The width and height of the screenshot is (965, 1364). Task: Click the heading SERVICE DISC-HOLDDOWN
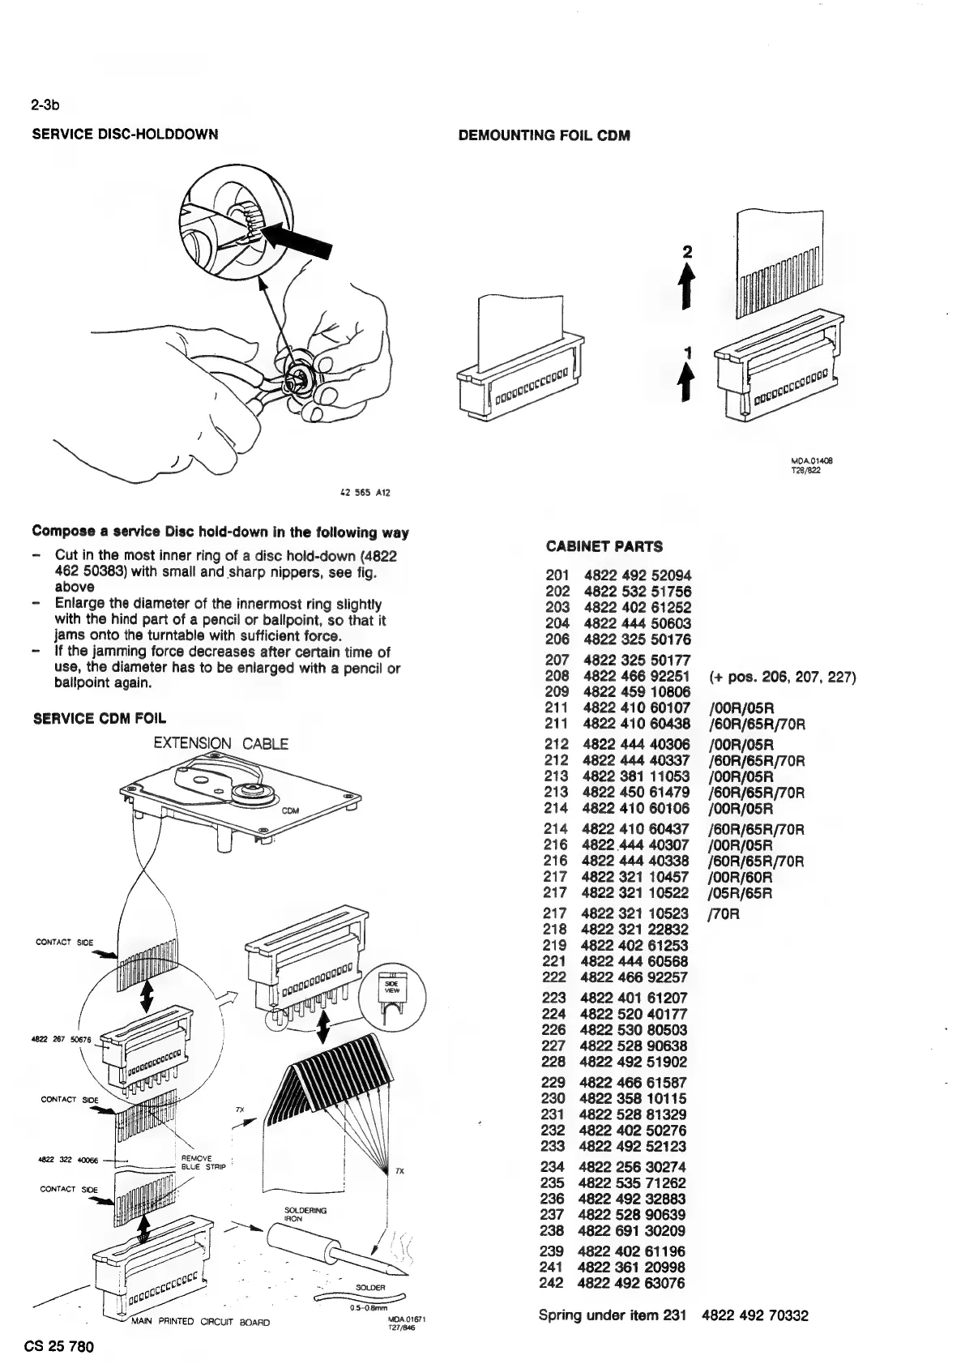pyautogui.click(x=125, y=135)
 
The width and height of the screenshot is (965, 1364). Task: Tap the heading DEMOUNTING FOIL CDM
pyautogui.click(x=544, y=135)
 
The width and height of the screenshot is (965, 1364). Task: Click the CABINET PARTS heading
pyautogui.click(x=604, y=546)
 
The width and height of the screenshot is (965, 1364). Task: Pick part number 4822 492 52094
pyautogui.click(x=637, y=575)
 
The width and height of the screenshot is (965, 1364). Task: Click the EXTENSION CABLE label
pyautogui.click(x=220, y=744)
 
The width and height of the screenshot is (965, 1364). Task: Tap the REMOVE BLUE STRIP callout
pyautogui.click(x=197, y=1162)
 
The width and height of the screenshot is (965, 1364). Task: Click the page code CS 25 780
pyautogui.click(x=63, y=1347)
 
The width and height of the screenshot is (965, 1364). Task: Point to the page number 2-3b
pyautogui.click(x=47, y=105)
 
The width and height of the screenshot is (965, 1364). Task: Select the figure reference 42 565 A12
pyautogui.click(x=369, y=492)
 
